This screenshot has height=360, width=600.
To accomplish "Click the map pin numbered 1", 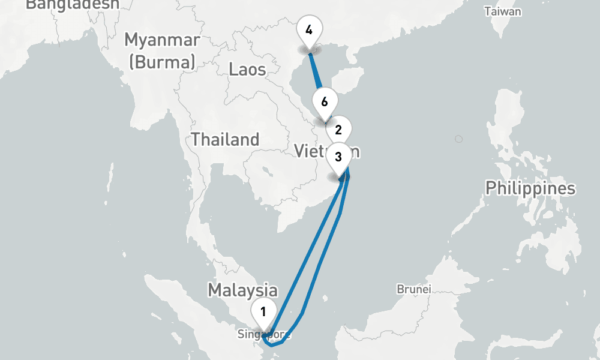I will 263,311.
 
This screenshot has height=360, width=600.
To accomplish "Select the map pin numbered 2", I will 338,129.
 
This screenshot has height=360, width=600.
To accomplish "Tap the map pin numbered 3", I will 338,157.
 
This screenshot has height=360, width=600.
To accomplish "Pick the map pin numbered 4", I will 308,29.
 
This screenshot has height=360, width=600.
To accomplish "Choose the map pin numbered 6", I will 324,100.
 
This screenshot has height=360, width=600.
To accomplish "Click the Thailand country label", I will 225,140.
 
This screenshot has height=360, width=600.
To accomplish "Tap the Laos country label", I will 247,69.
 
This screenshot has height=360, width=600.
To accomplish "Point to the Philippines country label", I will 530,188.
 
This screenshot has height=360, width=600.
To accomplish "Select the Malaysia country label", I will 242,290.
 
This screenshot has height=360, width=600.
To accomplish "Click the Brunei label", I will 414,289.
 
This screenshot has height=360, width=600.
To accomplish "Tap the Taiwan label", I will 503,11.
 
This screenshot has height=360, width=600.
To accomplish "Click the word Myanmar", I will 162,41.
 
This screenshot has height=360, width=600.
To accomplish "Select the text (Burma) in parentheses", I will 162,61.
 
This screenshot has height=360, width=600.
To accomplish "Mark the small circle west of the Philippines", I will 459,139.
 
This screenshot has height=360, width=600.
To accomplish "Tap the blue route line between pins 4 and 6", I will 315,73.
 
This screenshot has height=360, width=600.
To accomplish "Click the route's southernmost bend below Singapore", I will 272,345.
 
